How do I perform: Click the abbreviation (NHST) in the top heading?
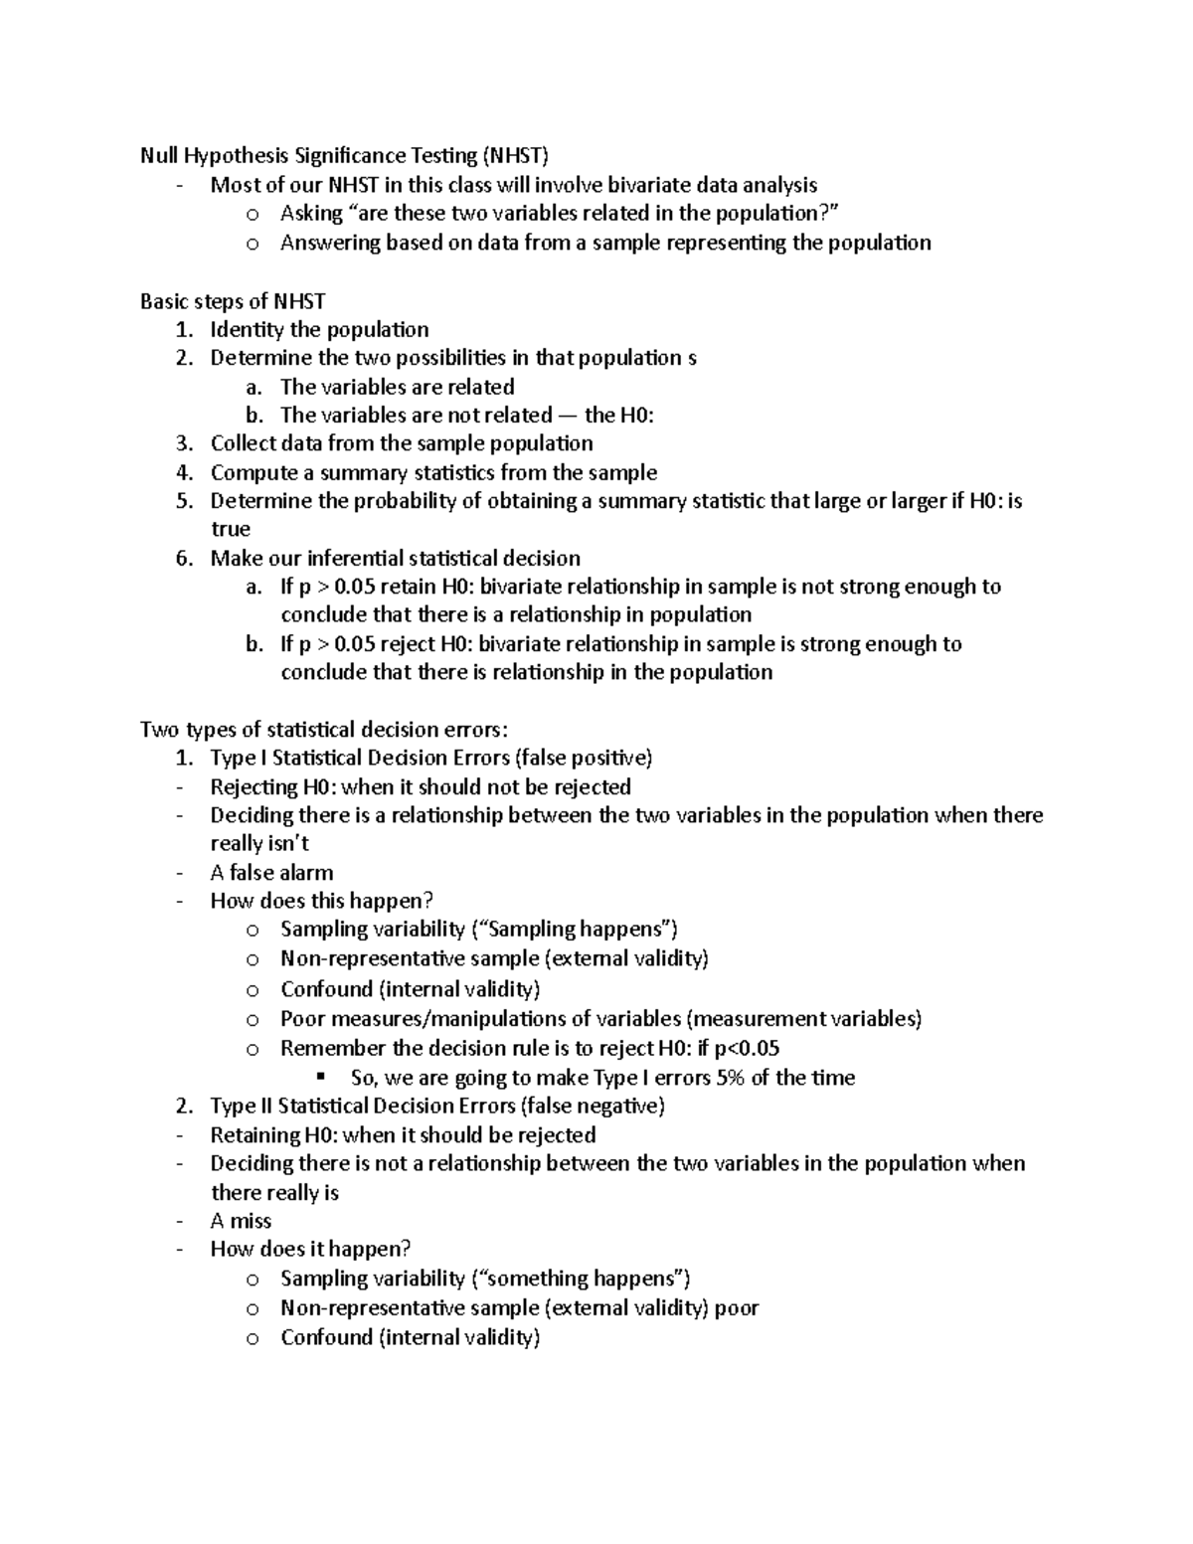pos(515,155)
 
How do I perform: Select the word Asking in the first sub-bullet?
pos(311,214)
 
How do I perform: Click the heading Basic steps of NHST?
pos(233,301)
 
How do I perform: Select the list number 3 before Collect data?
pos(183,443)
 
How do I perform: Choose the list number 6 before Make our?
pos(183,559)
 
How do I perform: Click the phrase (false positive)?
pos(584,759)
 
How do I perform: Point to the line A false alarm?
pos(271,873)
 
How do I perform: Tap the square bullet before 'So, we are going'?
pos(320,1077)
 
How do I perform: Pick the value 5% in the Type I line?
pos(730,1078)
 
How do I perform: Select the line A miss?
pos(241,1221)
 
